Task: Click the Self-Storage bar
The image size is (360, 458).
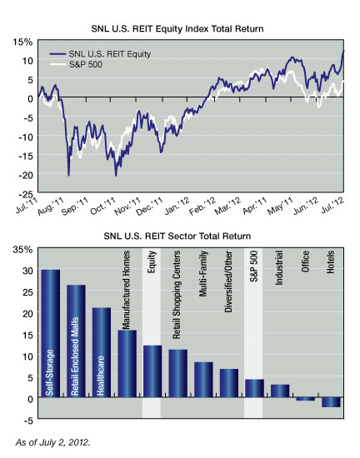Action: [51, 333]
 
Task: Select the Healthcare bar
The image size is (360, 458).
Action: [102, 352]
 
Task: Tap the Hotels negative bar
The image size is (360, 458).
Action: [331, 402]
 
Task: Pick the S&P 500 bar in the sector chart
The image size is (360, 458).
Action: [254, 389]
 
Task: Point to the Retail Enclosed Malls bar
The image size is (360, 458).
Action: [76, 341]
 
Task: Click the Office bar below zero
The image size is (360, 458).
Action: [306, 399]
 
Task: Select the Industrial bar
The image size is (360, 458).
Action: [280, 391]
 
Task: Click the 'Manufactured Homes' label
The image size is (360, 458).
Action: [126, 290]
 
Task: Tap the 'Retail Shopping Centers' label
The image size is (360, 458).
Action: [177, 295]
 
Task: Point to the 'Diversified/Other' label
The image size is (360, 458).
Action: [228, 281]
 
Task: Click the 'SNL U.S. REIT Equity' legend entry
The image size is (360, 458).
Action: [100, 54]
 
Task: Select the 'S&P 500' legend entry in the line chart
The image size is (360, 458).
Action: [76, 64]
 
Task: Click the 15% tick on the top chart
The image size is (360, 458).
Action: [22, 42]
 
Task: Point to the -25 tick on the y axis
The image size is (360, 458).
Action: [26, 194]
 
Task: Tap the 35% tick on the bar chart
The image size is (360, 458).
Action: [22, 250]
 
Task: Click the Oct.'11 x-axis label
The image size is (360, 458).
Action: [102, 207]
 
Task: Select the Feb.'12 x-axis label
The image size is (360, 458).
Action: [202, 207]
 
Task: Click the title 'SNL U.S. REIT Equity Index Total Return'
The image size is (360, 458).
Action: [177, 29]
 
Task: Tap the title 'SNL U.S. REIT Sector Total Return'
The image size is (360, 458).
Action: [177, 236]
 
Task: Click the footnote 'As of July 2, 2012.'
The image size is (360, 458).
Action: [52, 442]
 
